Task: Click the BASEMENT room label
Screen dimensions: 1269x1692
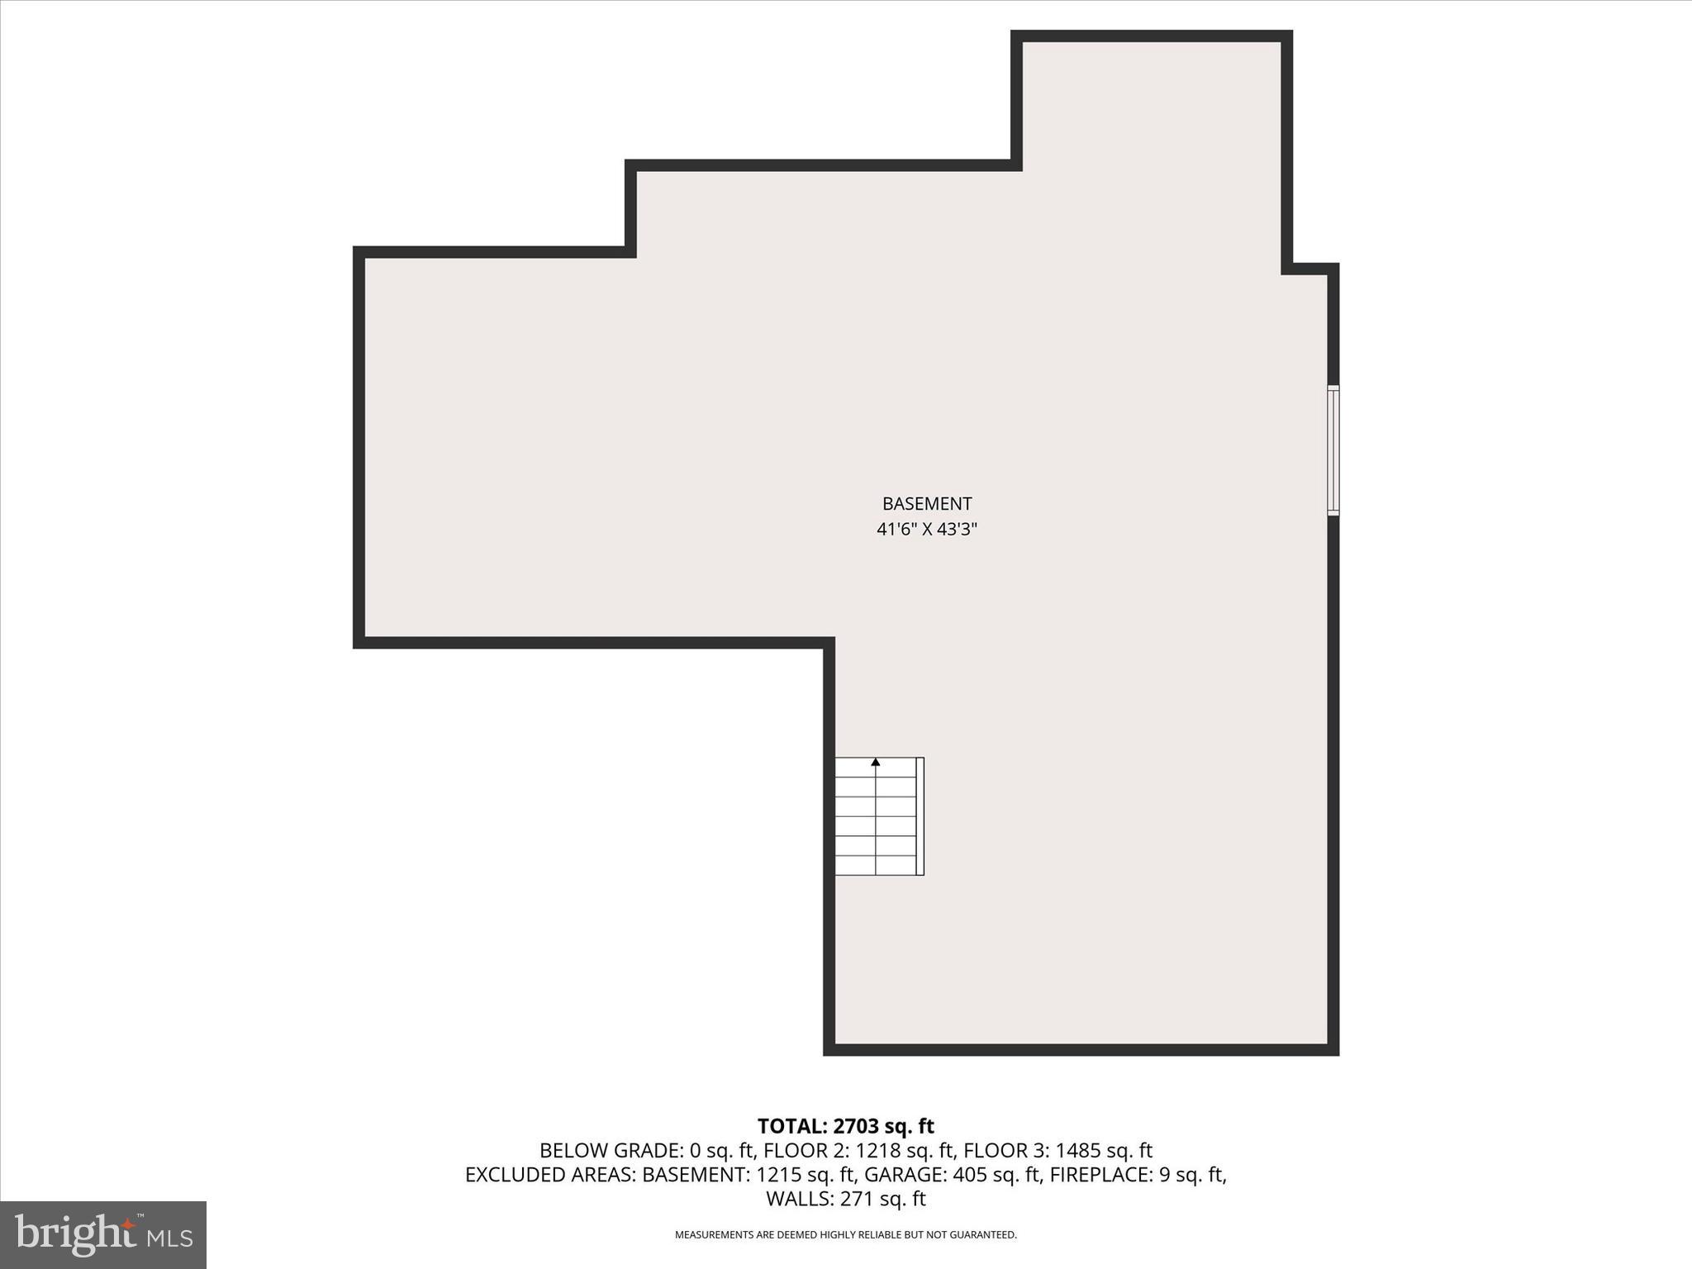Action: (x=926, y=504)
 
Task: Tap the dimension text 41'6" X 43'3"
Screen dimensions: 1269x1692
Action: (x=926, y=530)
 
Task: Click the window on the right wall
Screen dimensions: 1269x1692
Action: (x=1333, y=450)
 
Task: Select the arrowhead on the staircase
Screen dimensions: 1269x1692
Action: (x=876, y=762)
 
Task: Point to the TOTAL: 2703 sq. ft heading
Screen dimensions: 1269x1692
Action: (x=845, y=1126)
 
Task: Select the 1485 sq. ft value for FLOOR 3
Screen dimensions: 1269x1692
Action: (x=1103, y=1151)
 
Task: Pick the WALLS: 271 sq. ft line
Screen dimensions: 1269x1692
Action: (x=845, y=1199)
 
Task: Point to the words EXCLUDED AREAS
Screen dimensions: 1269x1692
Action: (x=549, y=1175)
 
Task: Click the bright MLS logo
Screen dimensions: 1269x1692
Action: (x=103, y=1234)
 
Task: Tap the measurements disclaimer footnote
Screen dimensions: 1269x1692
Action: (x=845, y=1235)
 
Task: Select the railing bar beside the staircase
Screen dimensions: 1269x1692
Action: (x=920, y=816)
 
